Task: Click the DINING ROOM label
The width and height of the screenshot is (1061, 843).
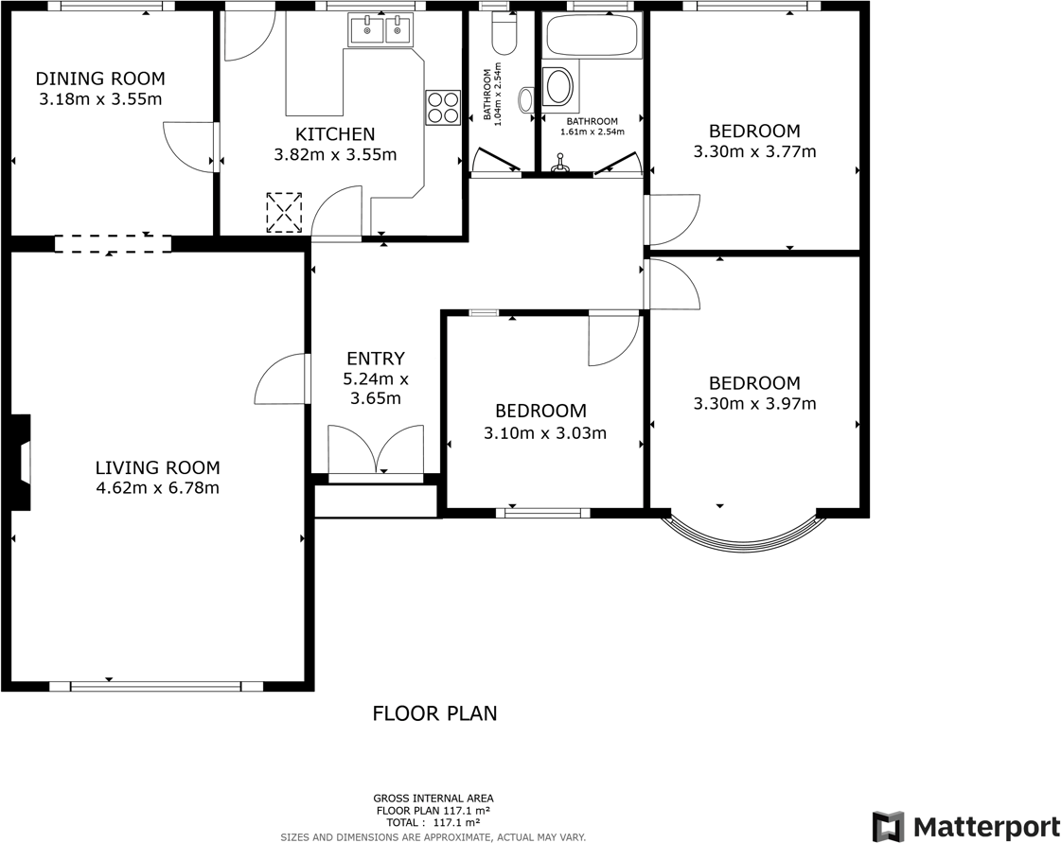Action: [x=99, y=79]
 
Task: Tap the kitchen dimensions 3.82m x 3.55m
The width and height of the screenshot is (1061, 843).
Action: [x=335, y=155]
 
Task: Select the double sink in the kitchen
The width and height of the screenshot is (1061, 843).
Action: [x=381, y=31]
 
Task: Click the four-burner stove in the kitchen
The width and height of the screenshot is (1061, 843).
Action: [x=442, y=107]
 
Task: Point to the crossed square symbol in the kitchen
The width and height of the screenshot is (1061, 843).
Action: [x=284, y=212]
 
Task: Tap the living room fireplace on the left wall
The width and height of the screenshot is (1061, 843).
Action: [x=21, y=463]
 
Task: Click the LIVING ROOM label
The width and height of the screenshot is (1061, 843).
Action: [x=157, y=467]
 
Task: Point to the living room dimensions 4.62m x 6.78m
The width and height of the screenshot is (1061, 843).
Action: [x=157, y=488]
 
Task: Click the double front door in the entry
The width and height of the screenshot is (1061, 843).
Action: [x=375, y=450]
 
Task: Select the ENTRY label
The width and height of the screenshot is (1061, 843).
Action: [x=375, y=359]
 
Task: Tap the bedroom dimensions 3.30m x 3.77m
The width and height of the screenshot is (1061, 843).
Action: [x=754, y=151]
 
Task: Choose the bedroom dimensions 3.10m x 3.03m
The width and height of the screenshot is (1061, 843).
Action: [x=544, y=433]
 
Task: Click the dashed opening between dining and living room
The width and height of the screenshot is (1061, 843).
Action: [x=113, y=244]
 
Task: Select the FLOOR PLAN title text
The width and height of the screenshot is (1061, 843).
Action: [x=434, y=713]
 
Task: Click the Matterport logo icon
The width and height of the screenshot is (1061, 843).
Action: [x=888, y=826]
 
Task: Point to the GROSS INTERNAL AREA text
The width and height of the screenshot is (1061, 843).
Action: [x=433, y=799]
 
